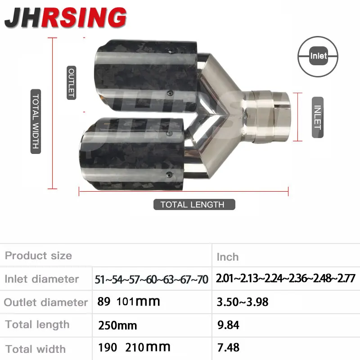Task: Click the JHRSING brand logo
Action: (65, 18)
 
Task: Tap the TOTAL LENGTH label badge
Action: (194, 204)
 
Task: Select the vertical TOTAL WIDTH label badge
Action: (36, 121)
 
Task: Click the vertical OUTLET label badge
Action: (72, 83)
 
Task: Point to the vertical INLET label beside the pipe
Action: (318, 117)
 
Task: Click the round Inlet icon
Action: (318, 56)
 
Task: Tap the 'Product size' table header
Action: (38, 256)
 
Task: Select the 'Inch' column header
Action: (228, 257)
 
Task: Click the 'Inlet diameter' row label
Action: (41, 279)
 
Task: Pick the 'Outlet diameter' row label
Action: (46, 302)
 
